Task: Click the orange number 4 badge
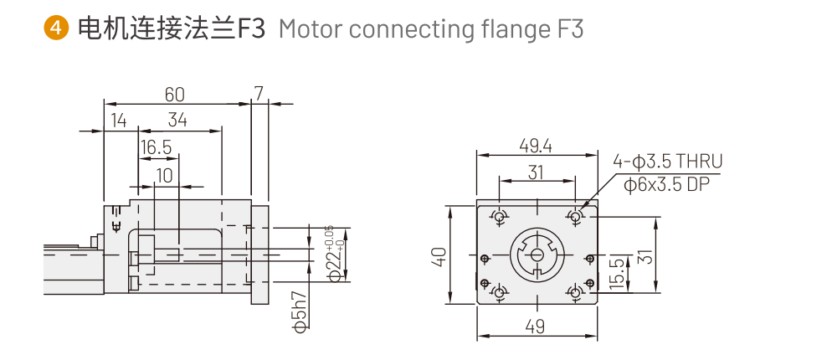[x=55, y=28]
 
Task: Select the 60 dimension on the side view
[x=174, y=93]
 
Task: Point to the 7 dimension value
[x=259, y=93]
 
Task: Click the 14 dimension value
[x=118, y=120]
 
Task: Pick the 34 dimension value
[x=177, y=120]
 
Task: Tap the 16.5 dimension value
[x=156, y=148]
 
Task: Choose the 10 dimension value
[x=165, y=175]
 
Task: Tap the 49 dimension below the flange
[x=536, y=327]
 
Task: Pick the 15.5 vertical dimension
[x=617, y=272]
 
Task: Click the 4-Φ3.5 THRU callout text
[x=667, y=162]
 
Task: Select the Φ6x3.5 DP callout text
[x=667, y=185]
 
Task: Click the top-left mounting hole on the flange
[x=500, y=217]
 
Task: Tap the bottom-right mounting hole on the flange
[x=575, y=292]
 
